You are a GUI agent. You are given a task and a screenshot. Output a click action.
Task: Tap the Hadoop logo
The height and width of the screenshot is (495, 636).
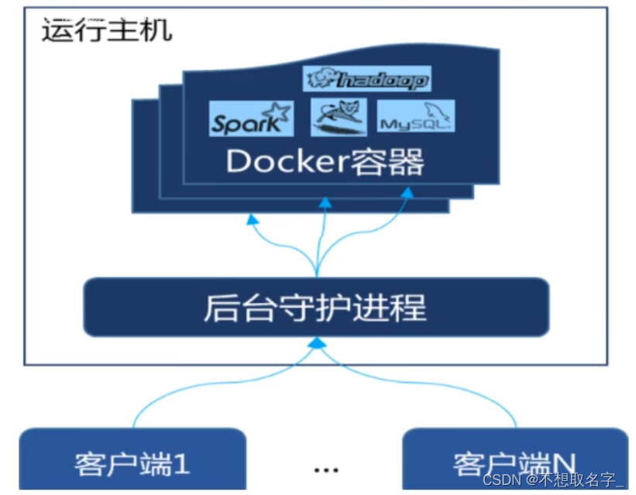(367, 78)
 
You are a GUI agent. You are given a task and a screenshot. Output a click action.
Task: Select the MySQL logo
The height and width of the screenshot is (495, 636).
(416, 119)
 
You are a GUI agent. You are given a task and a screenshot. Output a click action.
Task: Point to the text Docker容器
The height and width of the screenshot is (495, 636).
(325, 163)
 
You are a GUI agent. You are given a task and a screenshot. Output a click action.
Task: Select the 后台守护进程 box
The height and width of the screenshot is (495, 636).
(315, 308)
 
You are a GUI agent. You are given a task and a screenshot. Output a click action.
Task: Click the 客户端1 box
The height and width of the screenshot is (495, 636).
(132, 462)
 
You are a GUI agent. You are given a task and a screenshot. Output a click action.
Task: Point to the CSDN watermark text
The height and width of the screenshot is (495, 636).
(552, 480)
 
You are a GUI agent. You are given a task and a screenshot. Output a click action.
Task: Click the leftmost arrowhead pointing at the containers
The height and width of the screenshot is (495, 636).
(252, 219)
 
